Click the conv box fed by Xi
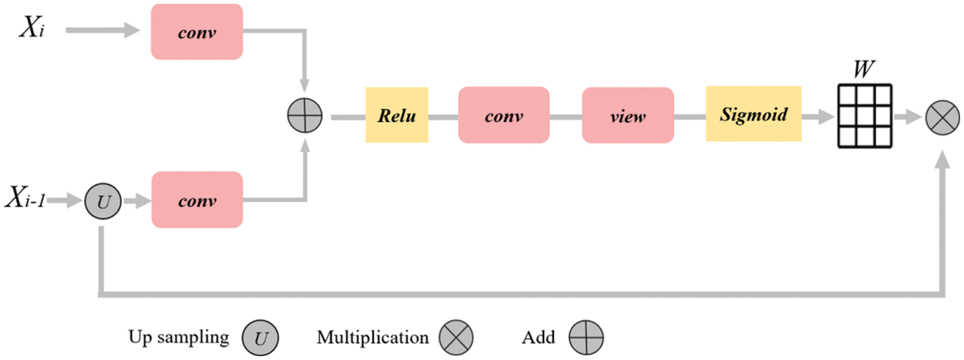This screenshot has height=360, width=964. point(197,32)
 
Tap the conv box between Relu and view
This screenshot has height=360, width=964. point(504,115)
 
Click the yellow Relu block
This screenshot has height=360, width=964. point(396,115)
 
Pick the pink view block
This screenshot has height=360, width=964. point(628,115)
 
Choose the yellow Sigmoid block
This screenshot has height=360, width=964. point(753,114)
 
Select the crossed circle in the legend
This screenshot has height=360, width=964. point(456,337)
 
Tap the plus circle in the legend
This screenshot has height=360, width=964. point(586,337)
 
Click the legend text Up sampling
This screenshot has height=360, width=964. point(179,337)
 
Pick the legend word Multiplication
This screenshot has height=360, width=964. point(372,337)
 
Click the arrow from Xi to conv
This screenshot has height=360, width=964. point(105,32)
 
